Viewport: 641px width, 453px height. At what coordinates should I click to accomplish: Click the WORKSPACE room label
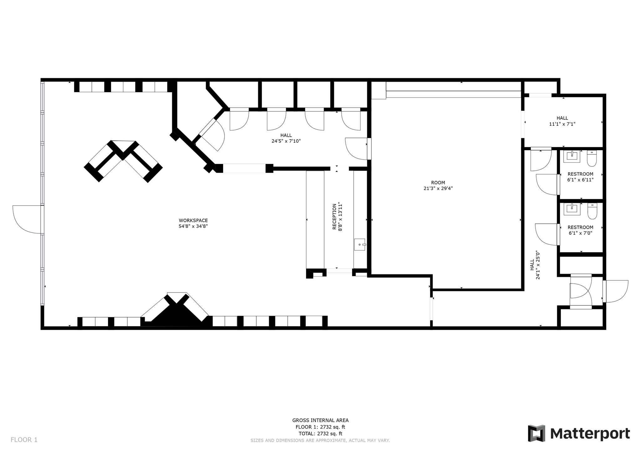point(193,221)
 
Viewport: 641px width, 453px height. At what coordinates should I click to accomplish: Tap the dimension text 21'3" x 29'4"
point(438,188)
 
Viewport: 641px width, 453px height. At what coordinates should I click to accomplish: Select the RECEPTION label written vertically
point(334,216)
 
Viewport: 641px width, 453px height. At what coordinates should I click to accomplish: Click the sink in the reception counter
point(360,244)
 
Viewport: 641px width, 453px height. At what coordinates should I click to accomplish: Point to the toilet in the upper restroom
point(592,159)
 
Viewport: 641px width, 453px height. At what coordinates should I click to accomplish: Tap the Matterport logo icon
point(536,433)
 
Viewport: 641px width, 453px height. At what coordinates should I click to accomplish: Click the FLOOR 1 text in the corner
point(24,440)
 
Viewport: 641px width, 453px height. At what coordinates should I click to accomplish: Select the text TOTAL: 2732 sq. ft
point(320,434)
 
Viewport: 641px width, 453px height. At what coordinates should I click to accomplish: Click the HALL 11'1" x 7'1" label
point(562,121)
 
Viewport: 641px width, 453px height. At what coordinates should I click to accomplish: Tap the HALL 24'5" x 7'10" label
point(286,138)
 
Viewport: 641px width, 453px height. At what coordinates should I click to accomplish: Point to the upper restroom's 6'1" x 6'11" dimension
point(580,180)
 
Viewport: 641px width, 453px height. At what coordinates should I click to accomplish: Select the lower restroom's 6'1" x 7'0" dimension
point(580,233)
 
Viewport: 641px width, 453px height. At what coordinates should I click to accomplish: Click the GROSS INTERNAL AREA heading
point(320,420)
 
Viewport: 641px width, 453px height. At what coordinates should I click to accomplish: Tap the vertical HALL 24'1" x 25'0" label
point(535,265)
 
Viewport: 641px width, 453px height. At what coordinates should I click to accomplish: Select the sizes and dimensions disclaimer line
point(320,440)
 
